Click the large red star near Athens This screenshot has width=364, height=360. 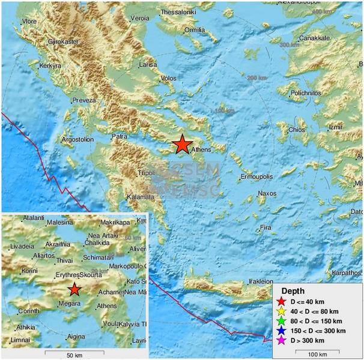tap(181, 145)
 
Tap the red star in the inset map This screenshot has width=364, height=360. tap(74, 290)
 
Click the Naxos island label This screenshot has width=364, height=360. tap(267, 193)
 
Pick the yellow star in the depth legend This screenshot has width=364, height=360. tap(282, 311)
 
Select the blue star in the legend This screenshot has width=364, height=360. tap(282, 331)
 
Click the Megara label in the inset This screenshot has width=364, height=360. tap(70, 304)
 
